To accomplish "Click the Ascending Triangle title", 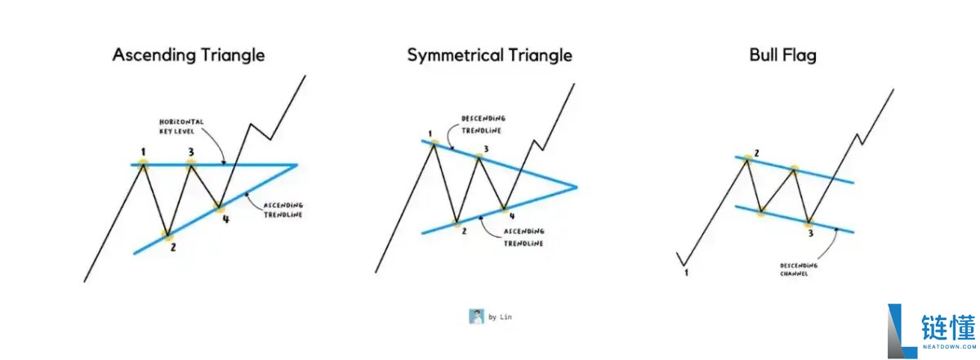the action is (x=189, y=56).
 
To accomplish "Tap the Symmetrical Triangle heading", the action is (x=489, y=56).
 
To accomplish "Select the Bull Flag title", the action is (x=782, y=56).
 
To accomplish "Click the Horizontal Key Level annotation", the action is (x=181, y=127).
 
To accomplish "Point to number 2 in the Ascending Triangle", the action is (x=173, y=247).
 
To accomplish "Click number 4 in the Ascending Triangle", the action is (x=225, y=219).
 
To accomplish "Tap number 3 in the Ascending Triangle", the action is (x=191, y=152).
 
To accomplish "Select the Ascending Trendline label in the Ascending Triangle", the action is (x=283, y=210).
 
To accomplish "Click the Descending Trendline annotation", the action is (x=483, y=125).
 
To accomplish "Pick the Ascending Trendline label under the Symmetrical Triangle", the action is (x=523, y=237).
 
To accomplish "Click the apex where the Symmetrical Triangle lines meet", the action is (x=577, y=187).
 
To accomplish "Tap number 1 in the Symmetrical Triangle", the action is (x=430, y=134).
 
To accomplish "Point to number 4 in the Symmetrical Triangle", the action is (x=512, y=216).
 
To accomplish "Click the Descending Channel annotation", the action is (x=799, y=269).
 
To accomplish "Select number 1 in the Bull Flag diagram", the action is (x=686, y=273).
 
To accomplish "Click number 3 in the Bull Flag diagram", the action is (x=810, y=233).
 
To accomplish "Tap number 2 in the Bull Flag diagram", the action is (x=756, y=153).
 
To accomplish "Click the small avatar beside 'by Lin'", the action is (x=476, y=316).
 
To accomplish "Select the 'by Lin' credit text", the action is (x=500, y=317).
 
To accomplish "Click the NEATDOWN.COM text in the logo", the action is (x=949, y=346).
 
